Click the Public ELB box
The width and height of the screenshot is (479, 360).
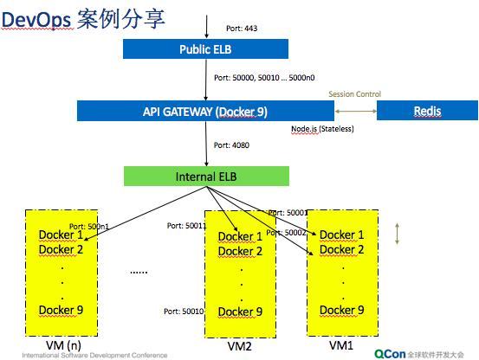[204, 49]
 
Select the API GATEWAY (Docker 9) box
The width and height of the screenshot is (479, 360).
[204, 111]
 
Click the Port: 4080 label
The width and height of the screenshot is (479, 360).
[234, 146]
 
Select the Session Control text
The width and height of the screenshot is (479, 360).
[354, 94]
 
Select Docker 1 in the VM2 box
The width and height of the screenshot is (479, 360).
[240, 236]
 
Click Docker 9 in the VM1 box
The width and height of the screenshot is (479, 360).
[342, 310]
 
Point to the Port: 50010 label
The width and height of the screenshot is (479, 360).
[183, 310]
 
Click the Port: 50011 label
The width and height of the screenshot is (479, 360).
[185, 226]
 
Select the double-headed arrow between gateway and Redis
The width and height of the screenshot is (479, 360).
[356, 111]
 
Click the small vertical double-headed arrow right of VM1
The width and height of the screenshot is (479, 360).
[398, 235]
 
